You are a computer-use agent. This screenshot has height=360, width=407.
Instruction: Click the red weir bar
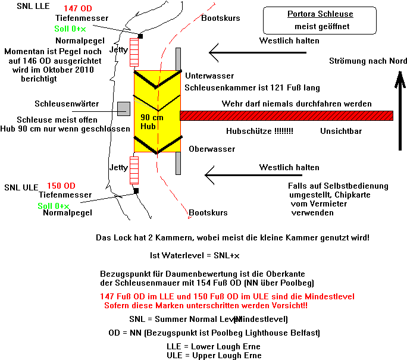(x=286, y=115)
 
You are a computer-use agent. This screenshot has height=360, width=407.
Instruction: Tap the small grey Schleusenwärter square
(x=124, y=108)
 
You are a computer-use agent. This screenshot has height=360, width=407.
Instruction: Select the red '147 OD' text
(x=77, y=8)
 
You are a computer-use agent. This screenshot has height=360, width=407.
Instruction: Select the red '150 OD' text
(x=61, y=186)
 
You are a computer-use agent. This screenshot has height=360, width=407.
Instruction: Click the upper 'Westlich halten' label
(x=289, y=41)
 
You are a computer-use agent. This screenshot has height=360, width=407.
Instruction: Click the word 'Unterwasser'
(x=209, y=77)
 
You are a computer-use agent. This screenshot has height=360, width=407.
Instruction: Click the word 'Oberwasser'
(x=211, y=149)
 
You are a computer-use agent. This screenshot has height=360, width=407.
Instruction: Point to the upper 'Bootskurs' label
(x=221, y=18)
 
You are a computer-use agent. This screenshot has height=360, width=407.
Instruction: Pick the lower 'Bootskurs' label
(x=208, y=212)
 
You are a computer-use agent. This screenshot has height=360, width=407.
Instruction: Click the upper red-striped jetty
(x=134, y=52)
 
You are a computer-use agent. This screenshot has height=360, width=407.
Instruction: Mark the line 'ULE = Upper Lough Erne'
(x=214, y=355)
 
